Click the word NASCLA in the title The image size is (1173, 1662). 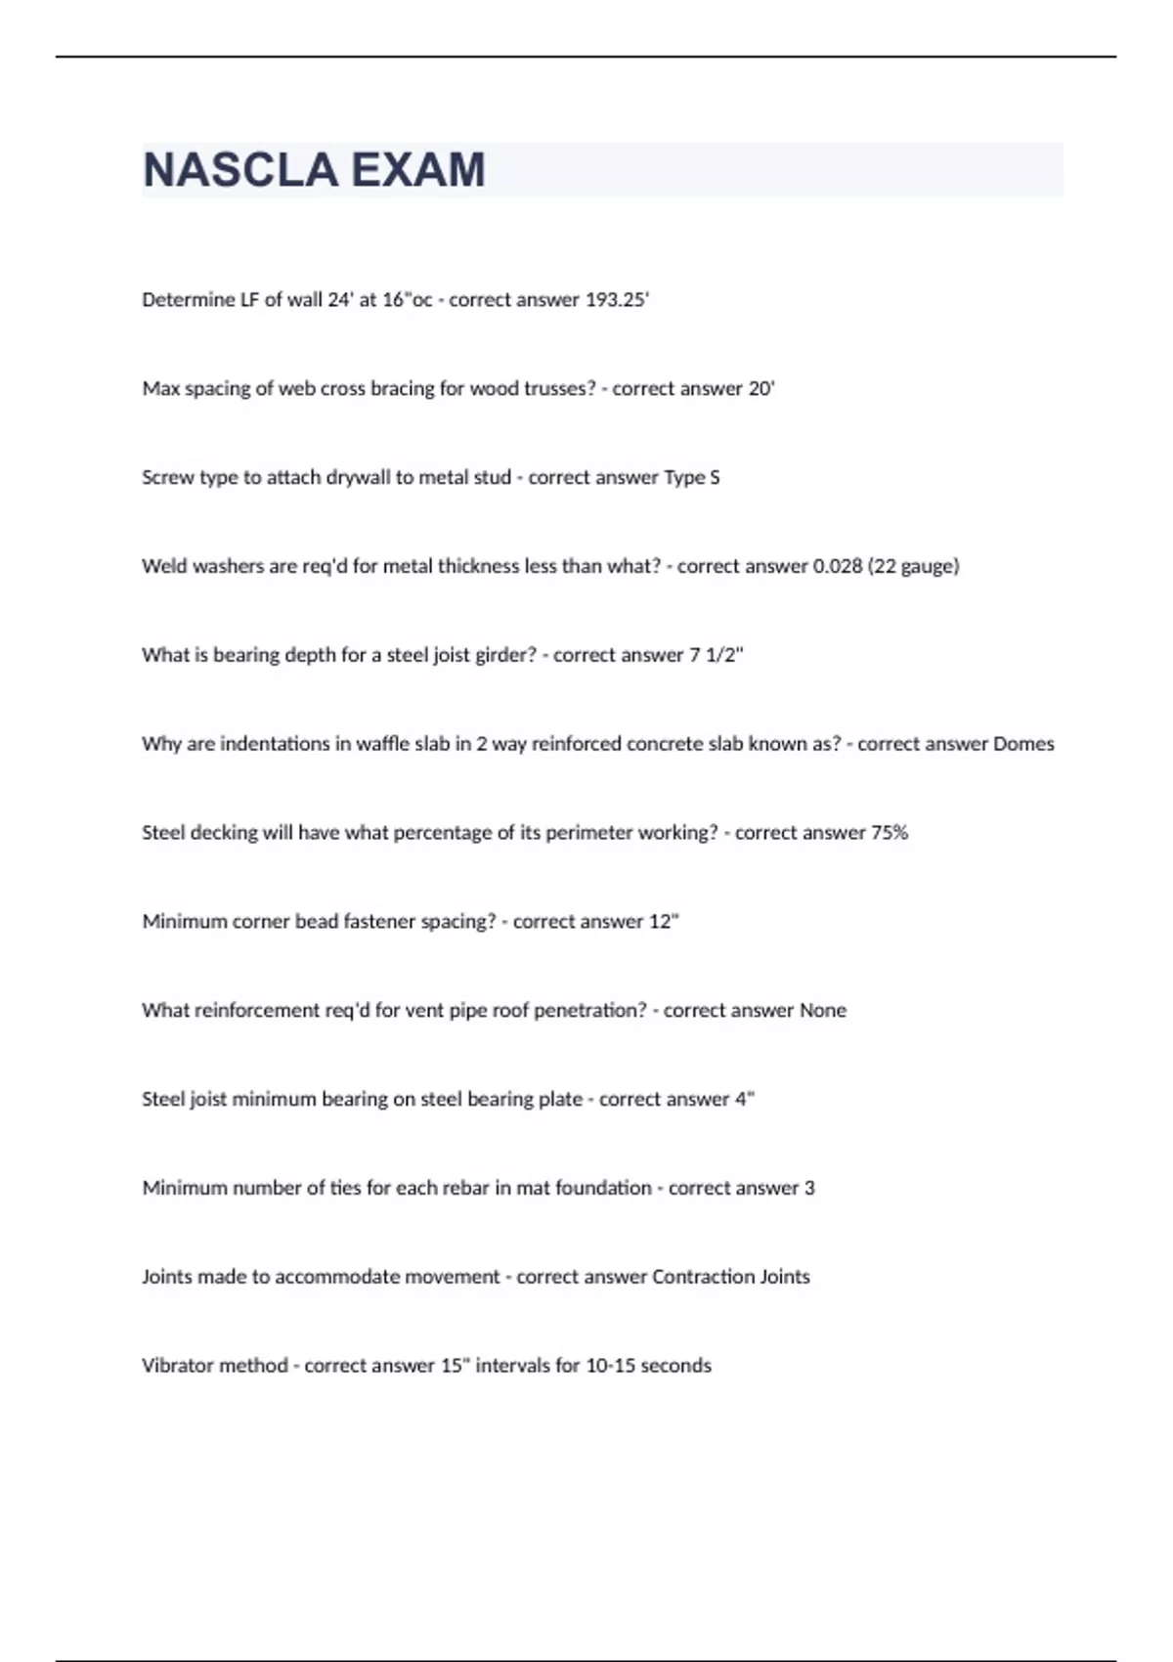[x=239, y=170]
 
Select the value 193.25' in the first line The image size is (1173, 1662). [x=617, y=300]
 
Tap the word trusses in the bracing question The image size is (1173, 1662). [x=557, y=389]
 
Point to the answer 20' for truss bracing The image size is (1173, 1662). [x=761, y=389]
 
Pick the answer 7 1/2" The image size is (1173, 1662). [x=717, y=656]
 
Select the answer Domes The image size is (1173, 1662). [x=1023, y=744]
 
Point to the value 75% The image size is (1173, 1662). [x=890, y=833]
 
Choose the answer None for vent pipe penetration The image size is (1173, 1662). [x=823, y=1011]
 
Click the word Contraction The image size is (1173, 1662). [x=703, y=1278]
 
